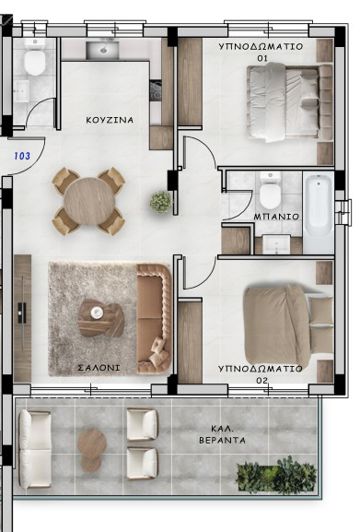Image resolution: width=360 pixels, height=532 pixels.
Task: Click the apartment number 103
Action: click(21, 156)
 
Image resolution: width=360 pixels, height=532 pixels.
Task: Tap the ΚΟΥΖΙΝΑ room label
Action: click(109, 120)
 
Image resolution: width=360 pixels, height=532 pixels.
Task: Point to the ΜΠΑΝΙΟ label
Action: click(270, 215)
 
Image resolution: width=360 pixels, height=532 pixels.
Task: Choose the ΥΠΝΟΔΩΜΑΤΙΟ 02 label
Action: click(259, 374)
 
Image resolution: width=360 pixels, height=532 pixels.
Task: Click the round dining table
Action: click(89, 201)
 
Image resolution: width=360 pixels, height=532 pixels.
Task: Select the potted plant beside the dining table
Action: click(160, 202)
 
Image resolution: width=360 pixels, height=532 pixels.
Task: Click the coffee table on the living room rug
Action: click(101, 317)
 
